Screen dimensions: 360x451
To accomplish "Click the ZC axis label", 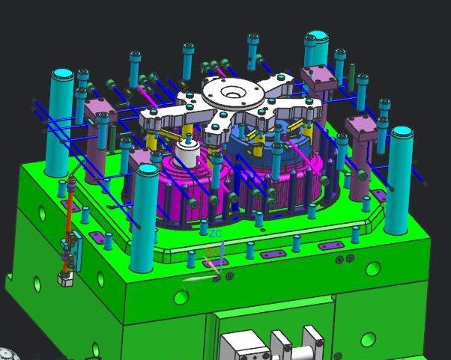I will (x=216, y=234).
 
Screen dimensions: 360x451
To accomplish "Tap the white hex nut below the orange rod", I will (x=65, y=278).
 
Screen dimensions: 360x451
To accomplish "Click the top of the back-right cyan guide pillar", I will (x=317, y=37).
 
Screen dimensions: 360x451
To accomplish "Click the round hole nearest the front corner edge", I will (x=180, y=298).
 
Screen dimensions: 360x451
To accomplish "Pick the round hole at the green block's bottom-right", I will (x=367, y=341).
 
